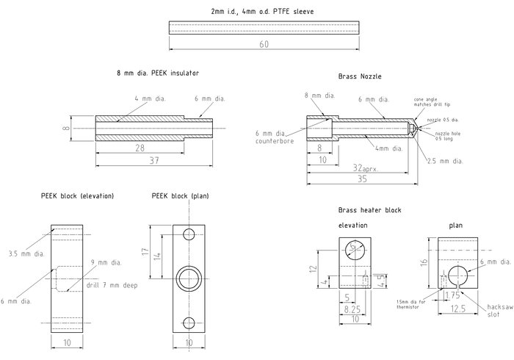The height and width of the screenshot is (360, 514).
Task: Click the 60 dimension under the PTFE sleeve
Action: [x=264, y=45]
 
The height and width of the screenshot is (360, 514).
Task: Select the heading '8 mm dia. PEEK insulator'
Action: [x=157, y=73]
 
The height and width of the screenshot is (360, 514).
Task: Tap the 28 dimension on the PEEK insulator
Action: [x=139, y=149]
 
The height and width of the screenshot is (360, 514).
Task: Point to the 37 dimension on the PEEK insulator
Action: [x=155, y=160]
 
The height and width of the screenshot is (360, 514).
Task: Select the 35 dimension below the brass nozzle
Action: [x=362, y=179]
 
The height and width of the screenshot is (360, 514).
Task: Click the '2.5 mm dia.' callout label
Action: [x=446, y=160]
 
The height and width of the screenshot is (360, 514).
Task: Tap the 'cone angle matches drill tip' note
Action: [x=432, y=102]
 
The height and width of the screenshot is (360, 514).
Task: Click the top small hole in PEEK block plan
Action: [x=189, y=234]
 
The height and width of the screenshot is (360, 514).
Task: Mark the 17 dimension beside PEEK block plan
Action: [x=145, y=252]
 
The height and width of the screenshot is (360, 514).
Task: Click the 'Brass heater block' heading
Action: [x=370, y=210]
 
